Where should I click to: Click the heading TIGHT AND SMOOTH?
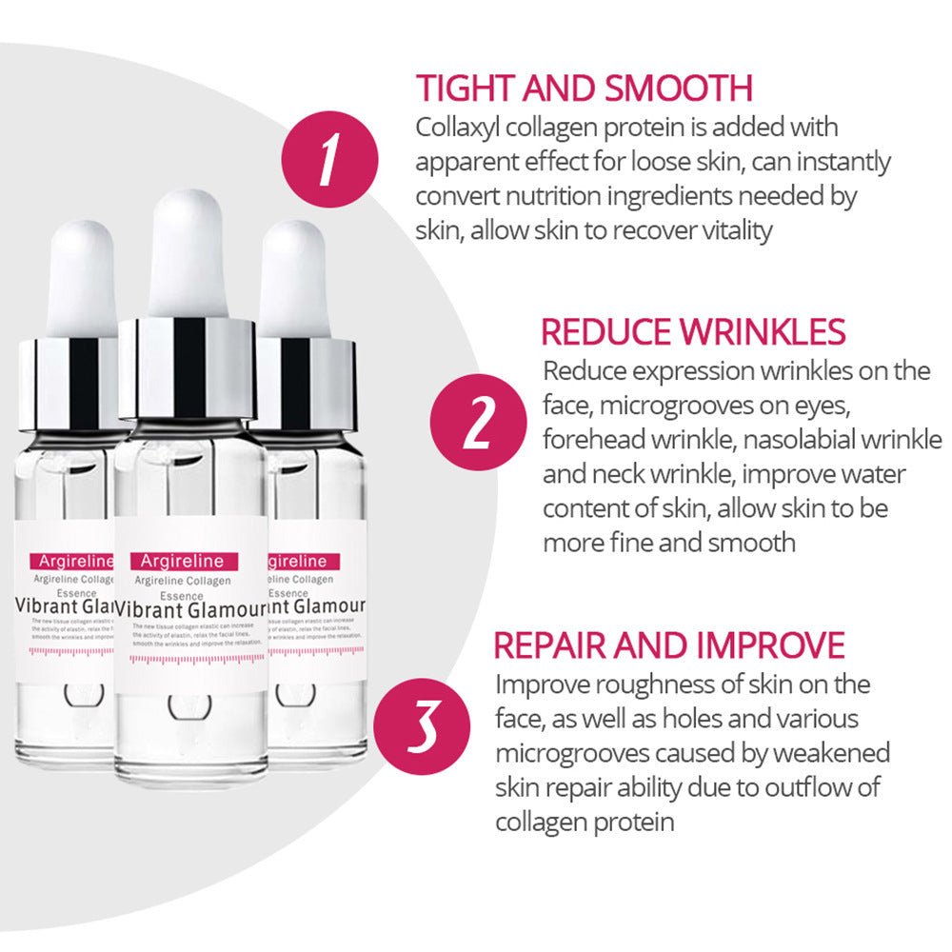point(585,88)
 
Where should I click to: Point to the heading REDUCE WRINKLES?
point(693,332)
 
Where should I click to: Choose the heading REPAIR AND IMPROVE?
point(669,645)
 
